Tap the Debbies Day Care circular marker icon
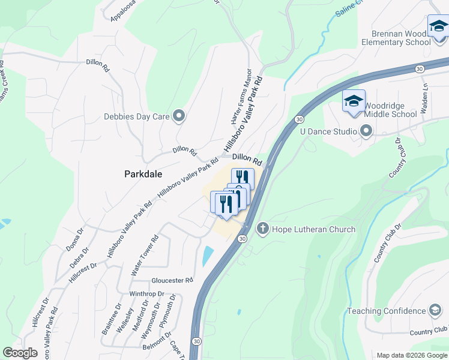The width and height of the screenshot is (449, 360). [x=178, y=116]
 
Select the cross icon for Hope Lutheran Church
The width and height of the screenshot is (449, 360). [x=262, y=229]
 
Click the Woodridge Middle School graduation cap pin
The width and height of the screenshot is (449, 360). [x=354, y=101]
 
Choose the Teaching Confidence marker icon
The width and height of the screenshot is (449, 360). [x=436, y=311]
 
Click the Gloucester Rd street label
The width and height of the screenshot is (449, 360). [x=172, y=280]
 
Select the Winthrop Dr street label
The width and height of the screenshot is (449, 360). [x=146, y=294]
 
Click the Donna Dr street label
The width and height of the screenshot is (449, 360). [x=76, y=239]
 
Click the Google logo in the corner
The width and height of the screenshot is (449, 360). [x=20, y=353]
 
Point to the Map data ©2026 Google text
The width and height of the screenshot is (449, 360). [x=411, y=355]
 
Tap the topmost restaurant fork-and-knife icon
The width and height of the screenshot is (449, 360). [x=243, y=178]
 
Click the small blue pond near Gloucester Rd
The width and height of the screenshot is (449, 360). [x=207, y=256]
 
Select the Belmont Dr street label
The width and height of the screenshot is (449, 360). [x=157, y=339]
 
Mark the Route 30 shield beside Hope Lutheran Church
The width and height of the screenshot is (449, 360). [x=241, y=239]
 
